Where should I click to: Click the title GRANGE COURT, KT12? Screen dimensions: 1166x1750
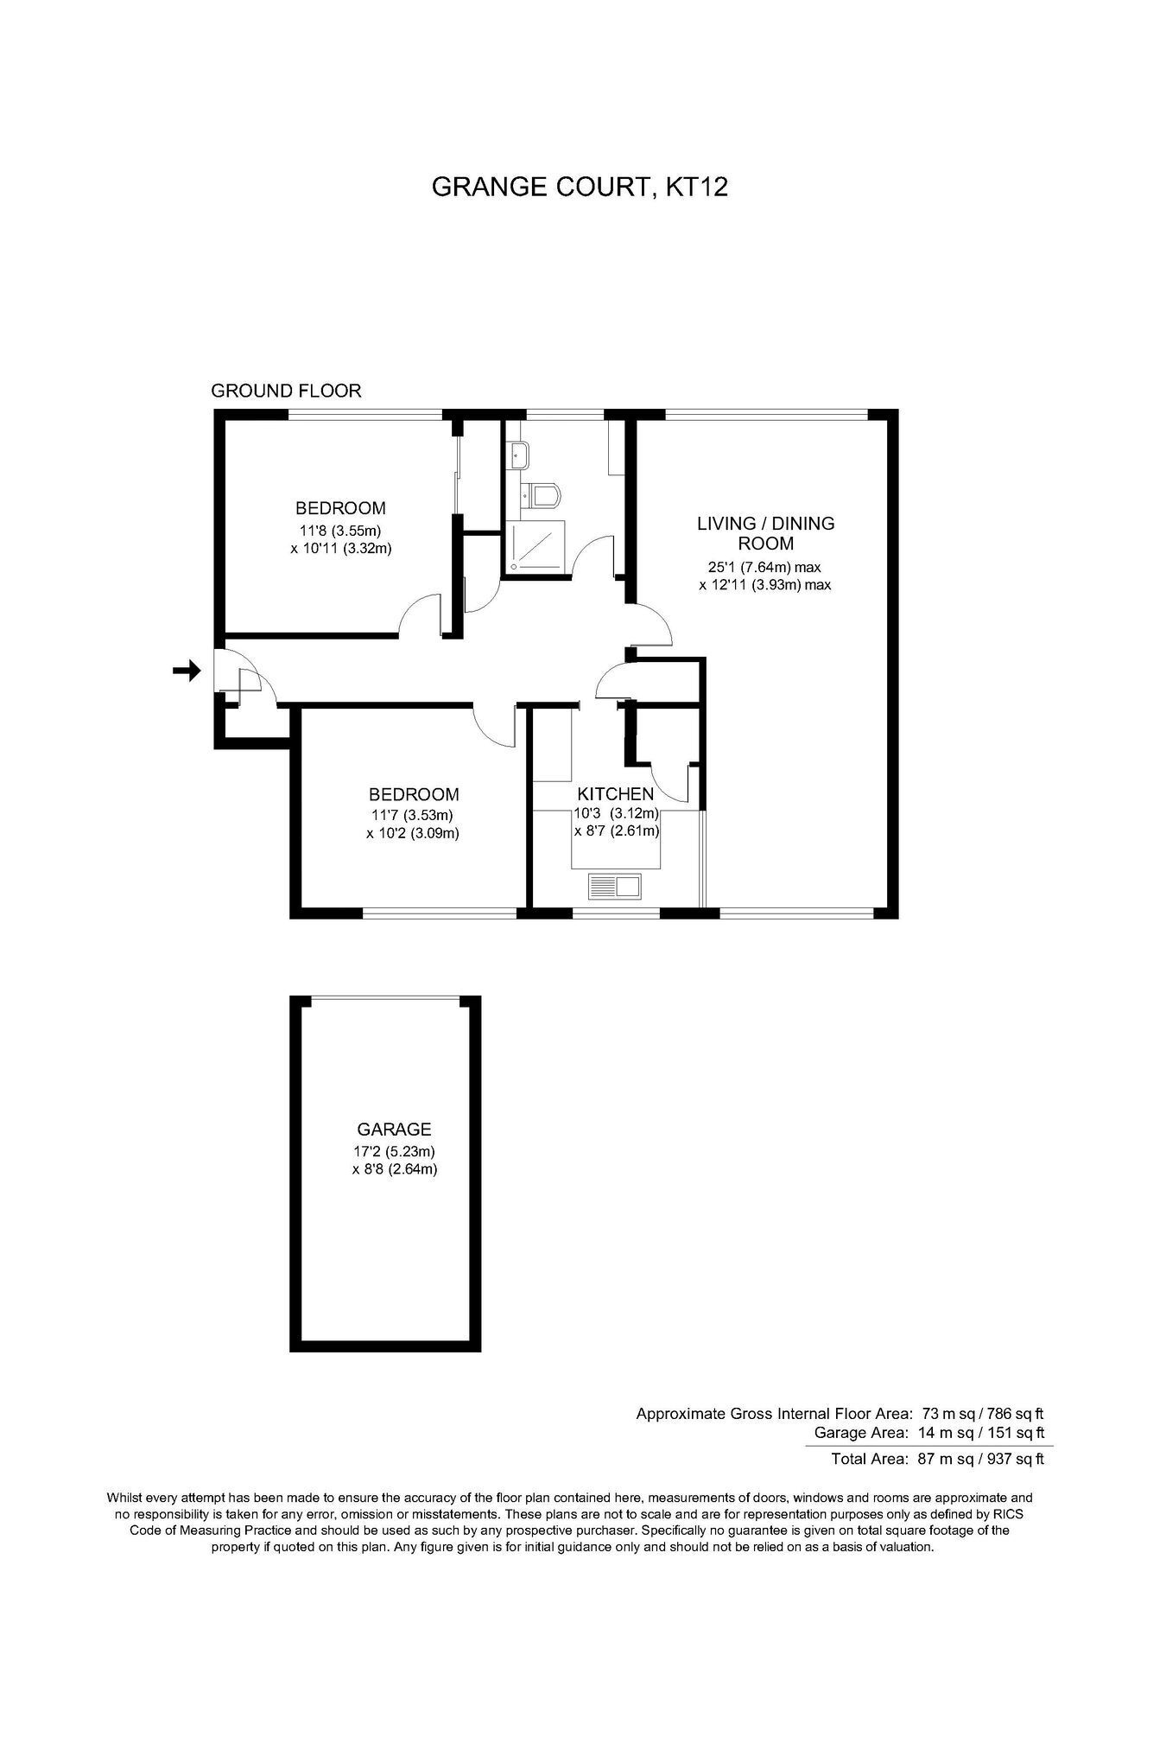(x=580, y=187)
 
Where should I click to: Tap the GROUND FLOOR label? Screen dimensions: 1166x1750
(x=286, y=391)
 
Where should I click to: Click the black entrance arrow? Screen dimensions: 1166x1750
(x=187, y=670)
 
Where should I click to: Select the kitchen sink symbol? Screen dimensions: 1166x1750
(x=615, y=885)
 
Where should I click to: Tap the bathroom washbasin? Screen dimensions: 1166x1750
(x=520, y=455)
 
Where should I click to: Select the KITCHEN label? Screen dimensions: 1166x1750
(x=616, y=794)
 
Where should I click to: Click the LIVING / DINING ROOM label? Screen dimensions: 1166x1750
(x=766, y=533)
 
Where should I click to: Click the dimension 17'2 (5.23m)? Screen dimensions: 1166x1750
(x=394, y=1151)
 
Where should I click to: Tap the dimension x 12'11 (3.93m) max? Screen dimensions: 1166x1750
(x=765, y=585)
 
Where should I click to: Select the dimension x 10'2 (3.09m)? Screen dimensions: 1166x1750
(x=412, y=834)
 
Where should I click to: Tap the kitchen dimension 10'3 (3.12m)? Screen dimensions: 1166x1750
(x=617, y=813)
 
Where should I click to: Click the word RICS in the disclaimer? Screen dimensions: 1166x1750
(x=1010, y=1515)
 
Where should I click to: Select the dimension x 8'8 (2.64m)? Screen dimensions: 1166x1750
(x=394, y=1170)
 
